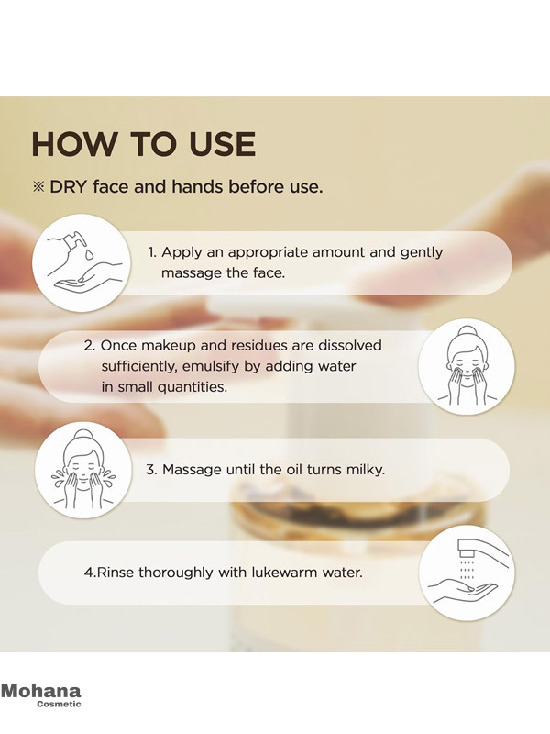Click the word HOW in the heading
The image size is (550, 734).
[72, 144]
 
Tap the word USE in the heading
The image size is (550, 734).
[222, 144]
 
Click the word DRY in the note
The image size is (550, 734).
[68, 187]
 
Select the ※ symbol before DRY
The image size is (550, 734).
[38, 187]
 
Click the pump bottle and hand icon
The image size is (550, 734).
[82, 263]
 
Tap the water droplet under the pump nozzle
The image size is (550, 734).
[89, 254]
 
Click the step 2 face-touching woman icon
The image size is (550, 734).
[467, 367]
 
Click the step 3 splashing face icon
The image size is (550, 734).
[83, 470]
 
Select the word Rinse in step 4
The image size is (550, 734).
[115, 573]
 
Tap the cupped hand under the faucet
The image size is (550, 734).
[460, 591]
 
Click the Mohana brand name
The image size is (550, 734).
[40, 692]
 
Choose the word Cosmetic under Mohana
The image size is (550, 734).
[59, 704]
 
